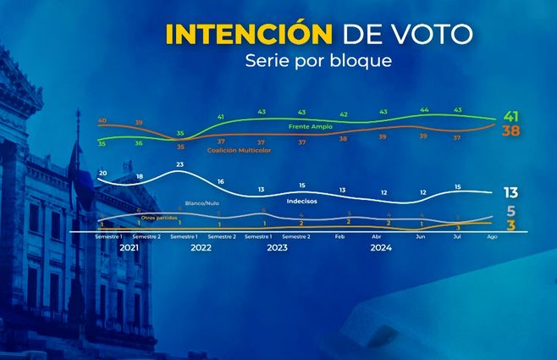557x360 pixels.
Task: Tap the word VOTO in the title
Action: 435,34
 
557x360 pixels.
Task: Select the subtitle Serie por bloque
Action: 318,61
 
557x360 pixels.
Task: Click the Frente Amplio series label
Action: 310,125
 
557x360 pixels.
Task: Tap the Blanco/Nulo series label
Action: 201,204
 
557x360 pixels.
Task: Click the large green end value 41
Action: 510,116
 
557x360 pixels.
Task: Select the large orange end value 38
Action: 510,131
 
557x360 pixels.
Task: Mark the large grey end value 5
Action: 511,211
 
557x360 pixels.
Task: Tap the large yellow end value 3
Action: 511,224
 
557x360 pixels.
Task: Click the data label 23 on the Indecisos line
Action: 180,163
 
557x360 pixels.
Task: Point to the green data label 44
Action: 424,110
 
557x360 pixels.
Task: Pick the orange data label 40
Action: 102,121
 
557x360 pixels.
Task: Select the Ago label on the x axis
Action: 493,237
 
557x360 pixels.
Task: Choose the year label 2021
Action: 130,248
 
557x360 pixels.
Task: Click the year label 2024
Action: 382,248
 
